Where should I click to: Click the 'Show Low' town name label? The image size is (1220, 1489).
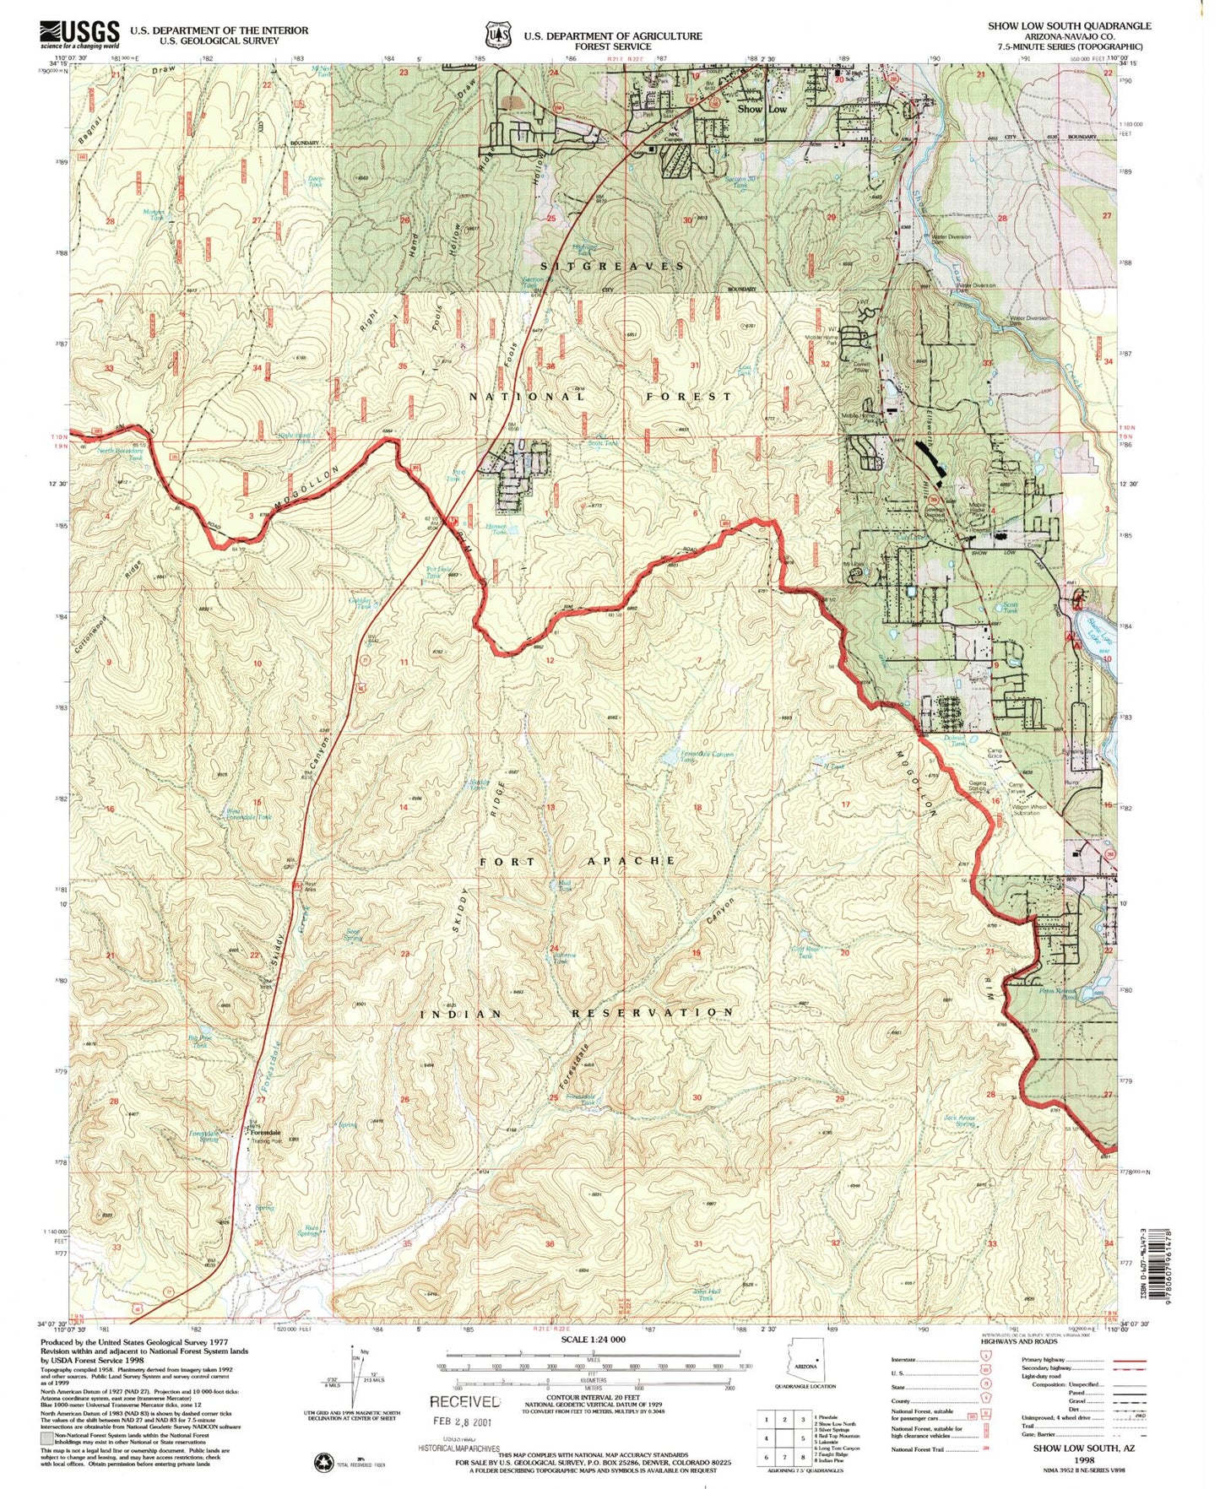click(x=762, y=109)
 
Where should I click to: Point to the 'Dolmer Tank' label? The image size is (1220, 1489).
click(x=954, y=740)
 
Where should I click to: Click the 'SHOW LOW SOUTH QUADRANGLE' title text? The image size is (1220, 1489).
click(x=1069, y=25)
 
